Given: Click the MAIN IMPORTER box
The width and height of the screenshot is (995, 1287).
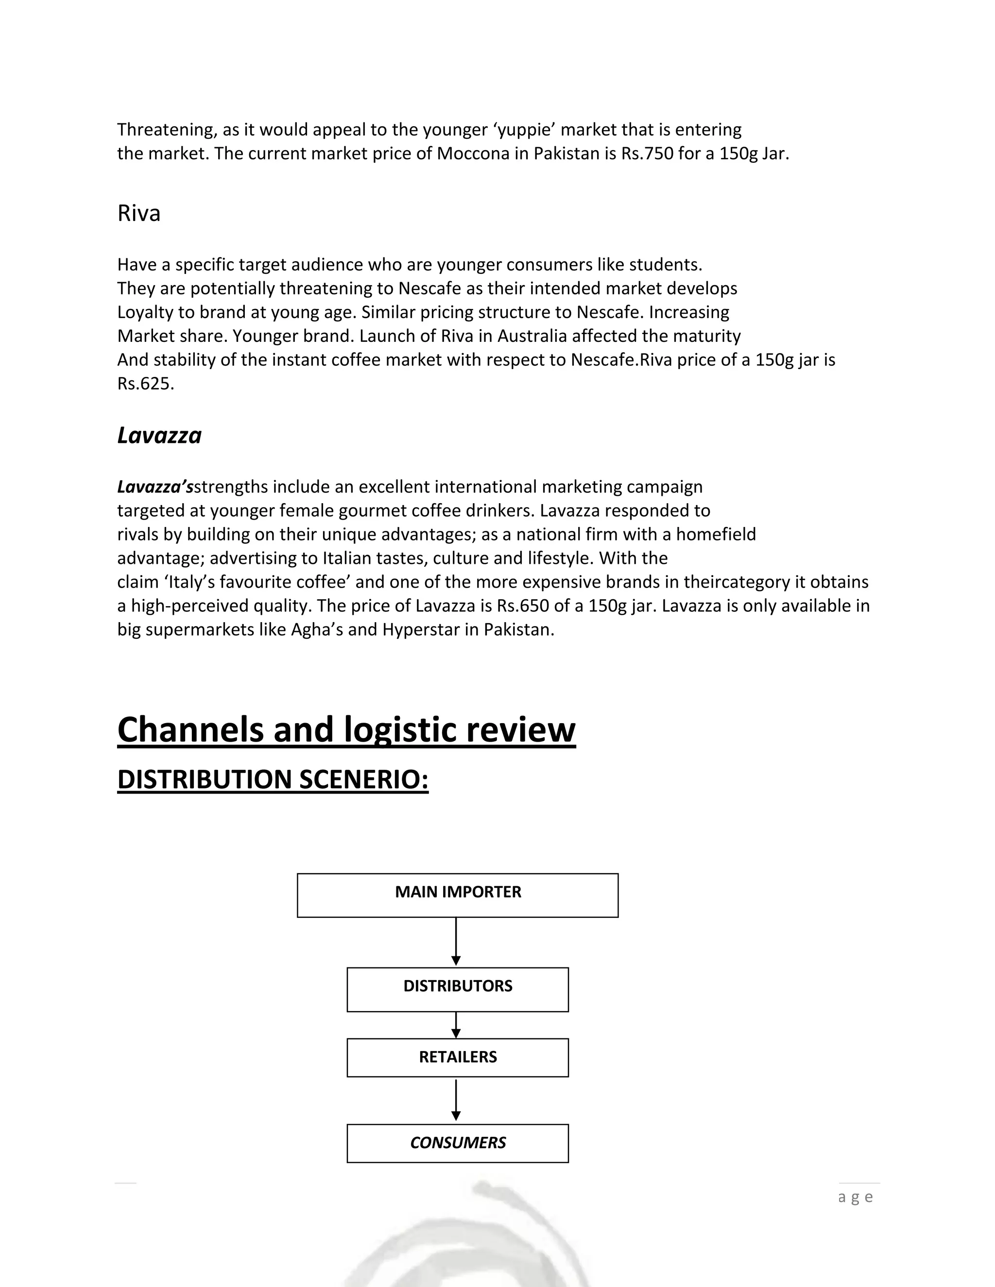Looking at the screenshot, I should [457, 895].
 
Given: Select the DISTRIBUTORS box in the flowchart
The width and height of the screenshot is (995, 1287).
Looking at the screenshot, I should [457, 989].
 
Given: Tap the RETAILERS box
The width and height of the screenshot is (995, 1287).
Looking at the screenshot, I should [457, 1058].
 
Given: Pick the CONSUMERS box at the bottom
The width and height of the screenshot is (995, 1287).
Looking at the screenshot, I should [457, 1143].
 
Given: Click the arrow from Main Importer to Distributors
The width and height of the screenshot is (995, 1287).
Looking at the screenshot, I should [456, 942].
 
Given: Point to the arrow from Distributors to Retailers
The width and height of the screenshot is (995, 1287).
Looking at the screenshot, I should [456, 1025].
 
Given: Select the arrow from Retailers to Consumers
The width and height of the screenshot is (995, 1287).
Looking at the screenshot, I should [456, 1100].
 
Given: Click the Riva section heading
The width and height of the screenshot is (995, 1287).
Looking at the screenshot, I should [139, 213].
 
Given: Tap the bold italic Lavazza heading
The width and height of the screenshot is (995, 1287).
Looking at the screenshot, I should [159, 436].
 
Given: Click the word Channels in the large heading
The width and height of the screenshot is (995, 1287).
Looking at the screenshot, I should [190, 729].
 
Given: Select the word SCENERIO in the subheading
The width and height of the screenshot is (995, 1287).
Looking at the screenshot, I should [364, 779].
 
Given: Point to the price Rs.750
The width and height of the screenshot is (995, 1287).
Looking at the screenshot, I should [647, 154].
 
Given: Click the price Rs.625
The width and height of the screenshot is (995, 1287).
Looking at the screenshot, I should [146, 384].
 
